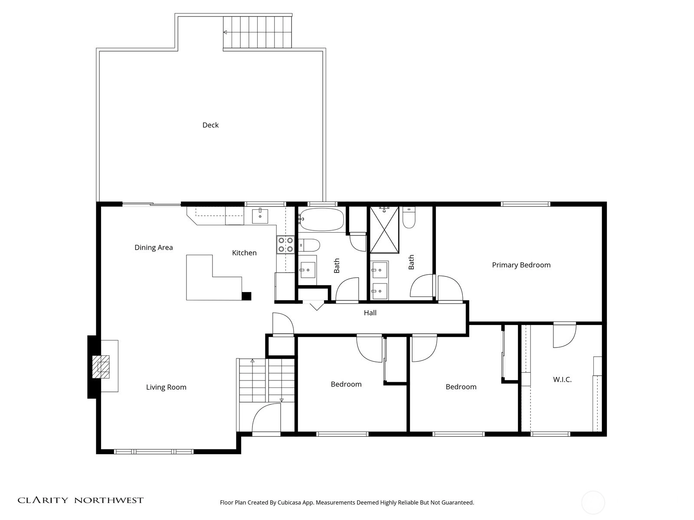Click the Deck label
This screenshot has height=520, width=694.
[210, 125]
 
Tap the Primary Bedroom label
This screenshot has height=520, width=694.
[521, 265]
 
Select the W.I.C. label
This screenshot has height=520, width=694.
[562, 380]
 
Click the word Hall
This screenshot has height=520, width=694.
[370, 312]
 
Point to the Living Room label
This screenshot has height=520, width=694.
[166, 387]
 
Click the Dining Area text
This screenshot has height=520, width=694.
[154, 247]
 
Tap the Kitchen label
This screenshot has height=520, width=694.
[244, 253]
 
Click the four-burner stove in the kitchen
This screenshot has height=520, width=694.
[285, 245]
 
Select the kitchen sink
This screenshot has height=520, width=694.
[260, 216]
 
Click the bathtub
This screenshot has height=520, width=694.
[322, 219]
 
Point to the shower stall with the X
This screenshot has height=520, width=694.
[384, 230]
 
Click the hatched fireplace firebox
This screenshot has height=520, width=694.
[101, 367]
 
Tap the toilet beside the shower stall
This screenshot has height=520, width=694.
[409, 217]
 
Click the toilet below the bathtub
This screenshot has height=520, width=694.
[309, 245]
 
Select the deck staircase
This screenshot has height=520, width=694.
[257, 32]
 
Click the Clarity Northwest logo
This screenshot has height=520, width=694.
[81, 500]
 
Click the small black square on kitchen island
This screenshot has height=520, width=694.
[246, 296]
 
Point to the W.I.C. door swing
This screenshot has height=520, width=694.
[565, 335]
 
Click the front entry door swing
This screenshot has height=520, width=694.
[266, 418]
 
